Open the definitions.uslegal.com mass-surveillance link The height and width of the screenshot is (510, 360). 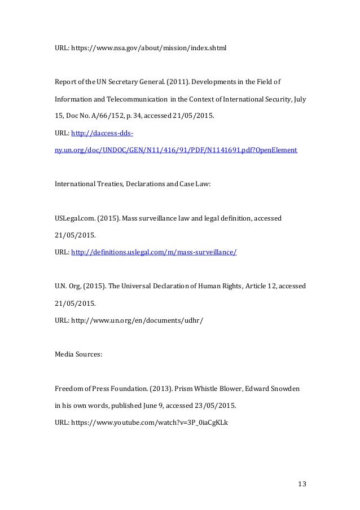point(153,253)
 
